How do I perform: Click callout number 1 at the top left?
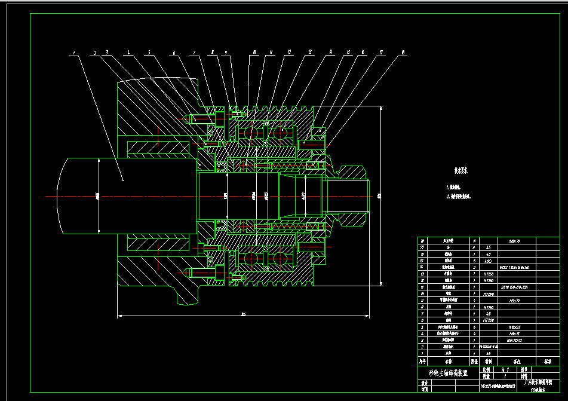pos(73,53)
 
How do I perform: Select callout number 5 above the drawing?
pos(149,53)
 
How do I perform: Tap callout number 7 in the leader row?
pos(194,53)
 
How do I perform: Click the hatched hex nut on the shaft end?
pos(349,196)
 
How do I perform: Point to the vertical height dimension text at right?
pos(380,195)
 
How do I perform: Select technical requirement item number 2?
pos(458,196)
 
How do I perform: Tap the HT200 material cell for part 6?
pos(489,320)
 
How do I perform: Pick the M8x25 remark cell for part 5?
pos(514,327)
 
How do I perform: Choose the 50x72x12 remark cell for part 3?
pos(514,340)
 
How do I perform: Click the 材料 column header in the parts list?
pos(489,361)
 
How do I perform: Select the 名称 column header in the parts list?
pos(449,361)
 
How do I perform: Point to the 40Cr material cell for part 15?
pos(489,261)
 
